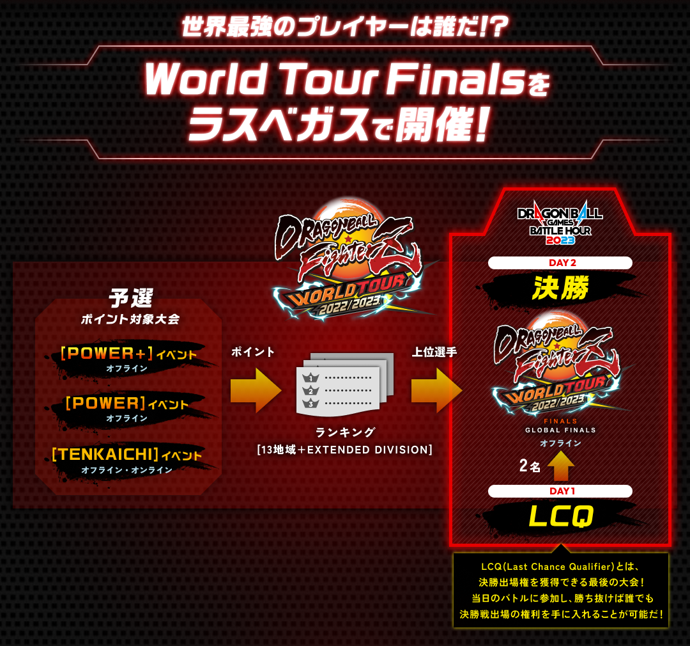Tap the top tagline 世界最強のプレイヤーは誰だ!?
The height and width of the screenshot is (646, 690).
pos(344,28)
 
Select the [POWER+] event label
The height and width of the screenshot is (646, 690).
pos(107,353)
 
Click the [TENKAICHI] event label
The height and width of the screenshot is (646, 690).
pos(105,454)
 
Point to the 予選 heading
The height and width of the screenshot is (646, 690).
pos(130,297)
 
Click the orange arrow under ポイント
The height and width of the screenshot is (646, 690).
pos(256,390)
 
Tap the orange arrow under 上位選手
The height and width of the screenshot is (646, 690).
pos(436,390)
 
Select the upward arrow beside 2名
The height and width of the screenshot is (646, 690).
pos(560,466)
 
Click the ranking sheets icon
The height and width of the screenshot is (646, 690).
pos(345,384)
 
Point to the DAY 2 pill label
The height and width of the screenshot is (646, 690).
pos(560,263)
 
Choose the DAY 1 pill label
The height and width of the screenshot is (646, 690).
pos(560,491)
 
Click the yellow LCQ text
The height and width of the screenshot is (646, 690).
pos(561,516)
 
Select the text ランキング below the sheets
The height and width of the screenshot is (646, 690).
pos(345,432)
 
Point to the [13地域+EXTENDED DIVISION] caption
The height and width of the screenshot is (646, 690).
pos(345,450)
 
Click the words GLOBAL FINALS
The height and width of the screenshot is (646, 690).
pos(560,430)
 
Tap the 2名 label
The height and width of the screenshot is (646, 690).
pos(530,466)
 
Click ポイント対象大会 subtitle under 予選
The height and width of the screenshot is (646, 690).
pos(130,319)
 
